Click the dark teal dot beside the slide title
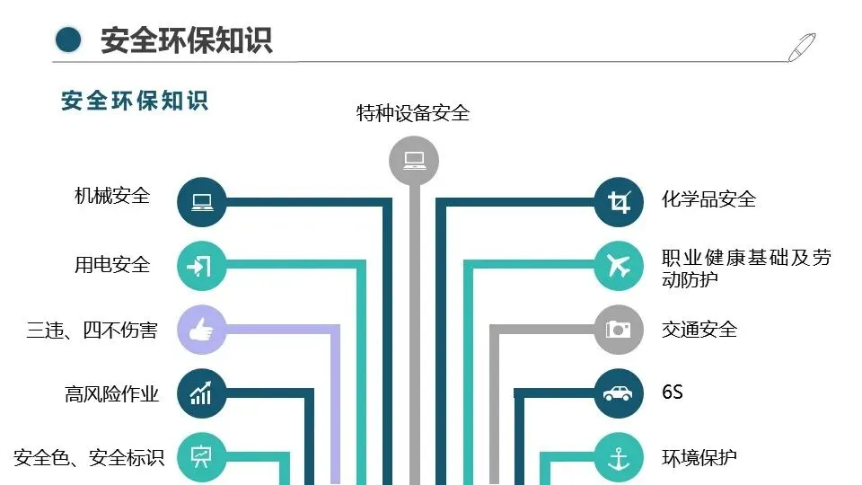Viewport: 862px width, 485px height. tap(68, 40)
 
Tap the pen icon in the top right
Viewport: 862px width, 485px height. tap(801, 47)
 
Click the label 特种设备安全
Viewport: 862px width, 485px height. tap(413, 113)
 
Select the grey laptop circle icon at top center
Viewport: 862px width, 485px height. tap(414, 161)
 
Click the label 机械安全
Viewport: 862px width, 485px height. tap(112, 196)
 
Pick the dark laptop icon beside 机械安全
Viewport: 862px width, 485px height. tap(201, 201)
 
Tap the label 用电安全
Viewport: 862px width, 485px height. tap(112, 265)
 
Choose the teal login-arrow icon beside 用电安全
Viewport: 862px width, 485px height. tap(201, 266)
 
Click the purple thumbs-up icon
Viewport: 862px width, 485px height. tap(201, 330)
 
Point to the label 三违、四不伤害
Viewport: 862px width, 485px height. tap(92, 331)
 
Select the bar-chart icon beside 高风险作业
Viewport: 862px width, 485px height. tap(201, 393)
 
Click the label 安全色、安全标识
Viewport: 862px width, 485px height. tap(89, 458)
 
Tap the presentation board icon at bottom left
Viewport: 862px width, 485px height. tap(201, 457)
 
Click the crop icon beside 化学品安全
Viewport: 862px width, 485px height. tap(619, 201)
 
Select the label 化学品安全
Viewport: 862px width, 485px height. tap(709, 198)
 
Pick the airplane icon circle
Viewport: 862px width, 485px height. tap(619, 266)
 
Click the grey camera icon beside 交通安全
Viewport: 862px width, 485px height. tap(619, 330)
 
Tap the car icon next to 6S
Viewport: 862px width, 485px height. tap(619, 393)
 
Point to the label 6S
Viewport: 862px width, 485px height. tap(673, 392)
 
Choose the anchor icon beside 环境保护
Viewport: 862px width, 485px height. tap(619, 457)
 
